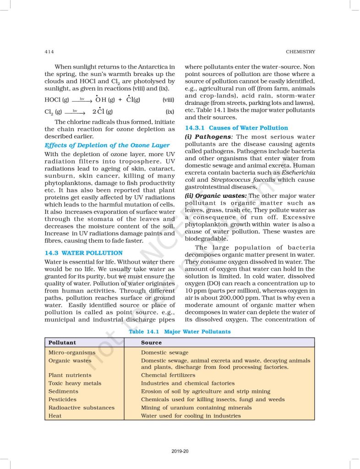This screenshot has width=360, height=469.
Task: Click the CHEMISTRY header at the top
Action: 300,52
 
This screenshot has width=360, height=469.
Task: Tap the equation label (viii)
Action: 168,99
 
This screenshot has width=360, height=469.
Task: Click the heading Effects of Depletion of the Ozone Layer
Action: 107,145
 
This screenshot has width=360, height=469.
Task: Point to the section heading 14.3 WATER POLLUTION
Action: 83,253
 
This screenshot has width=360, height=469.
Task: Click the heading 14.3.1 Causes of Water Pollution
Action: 236,128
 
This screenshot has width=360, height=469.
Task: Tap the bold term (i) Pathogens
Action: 209,136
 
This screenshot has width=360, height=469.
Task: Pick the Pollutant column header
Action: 62,343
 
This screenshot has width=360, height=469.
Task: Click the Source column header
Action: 151,343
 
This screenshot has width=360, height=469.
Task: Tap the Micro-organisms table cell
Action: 72,353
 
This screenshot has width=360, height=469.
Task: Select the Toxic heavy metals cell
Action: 75,383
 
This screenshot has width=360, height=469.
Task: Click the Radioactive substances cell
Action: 82,408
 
